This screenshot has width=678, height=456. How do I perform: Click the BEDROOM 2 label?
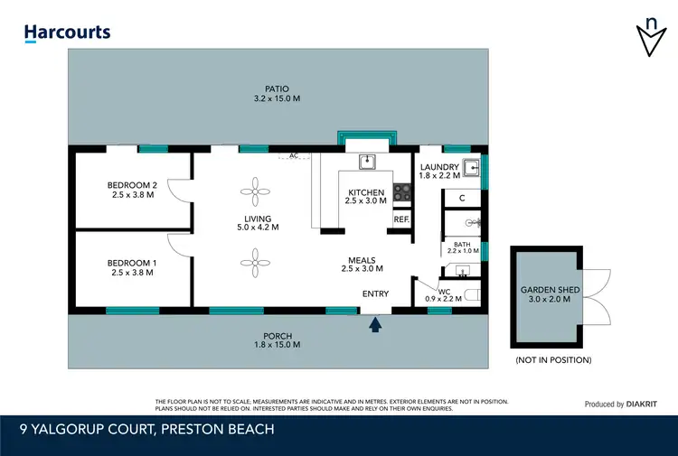[x=132, y=190]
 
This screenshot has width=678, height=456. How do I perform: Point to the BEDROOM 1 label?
[x=132, y=267]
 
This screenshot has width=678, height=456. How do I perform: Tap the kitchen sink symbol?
[x=367, y=163]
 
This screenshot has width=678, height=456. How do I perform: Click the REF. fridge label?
[x=401, y=219]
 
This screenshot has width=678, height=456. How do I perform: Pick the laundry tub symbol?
[x=470, y=167]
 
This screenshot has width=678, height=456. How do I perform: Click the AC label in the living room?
[x=294, y=155]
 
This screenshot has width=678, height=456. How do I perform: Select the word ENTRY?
[x=375, y=294]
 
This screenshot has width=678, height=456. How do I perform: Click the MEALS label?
[x=358, y=265]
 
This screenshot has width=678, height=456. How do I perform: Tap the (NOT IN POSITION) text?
[x=553, y=360]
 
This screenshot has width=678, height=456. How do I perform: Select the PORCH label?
[x=277, y=340]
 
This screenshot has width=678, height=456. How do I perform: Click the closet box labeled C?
[x=461, y=198]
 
